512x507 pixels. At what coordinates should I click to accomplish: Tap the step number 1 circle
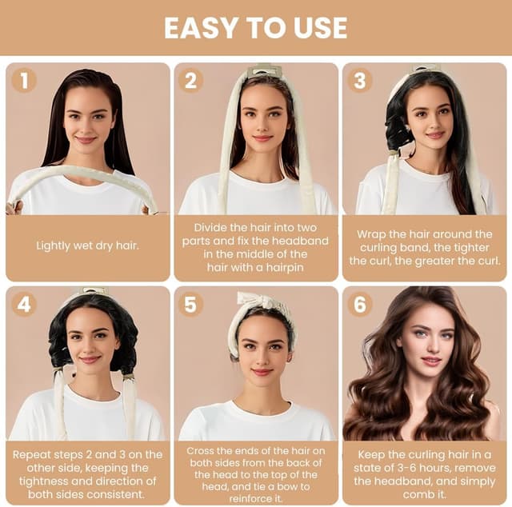pyautogui.click(x=24, y=80)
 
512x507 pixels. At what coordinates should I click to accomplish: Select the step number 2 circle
pyautogui.click(x=191, y=80)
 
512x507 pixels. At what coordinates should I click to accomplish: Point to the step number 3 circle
pyautogui.click(x=359, y=80)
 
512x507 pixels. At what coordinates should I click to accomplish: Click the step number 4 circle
pyautogui.click(x=24, y=305)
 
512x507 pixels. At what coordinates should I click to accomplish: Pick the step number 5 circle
pyautogui.click(x=191, y=305)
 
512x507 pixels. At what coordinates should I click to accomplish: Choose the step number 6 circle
pyautogui.click(x=359, y=305)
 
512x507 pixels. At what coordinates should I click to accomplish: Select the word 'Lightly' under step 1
pyautogui.click(x=53, y=246)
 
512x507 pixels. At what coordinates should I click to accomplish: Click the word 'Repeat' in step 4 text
pyautogui.click(x=32, y=455)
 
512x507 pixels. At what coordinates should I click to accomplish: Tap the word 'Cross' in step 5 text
pyautogui.click(x=199, y=451)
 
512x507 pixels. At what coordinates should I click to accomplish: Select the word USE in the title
pyautogui.click(x=320, y=28)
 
